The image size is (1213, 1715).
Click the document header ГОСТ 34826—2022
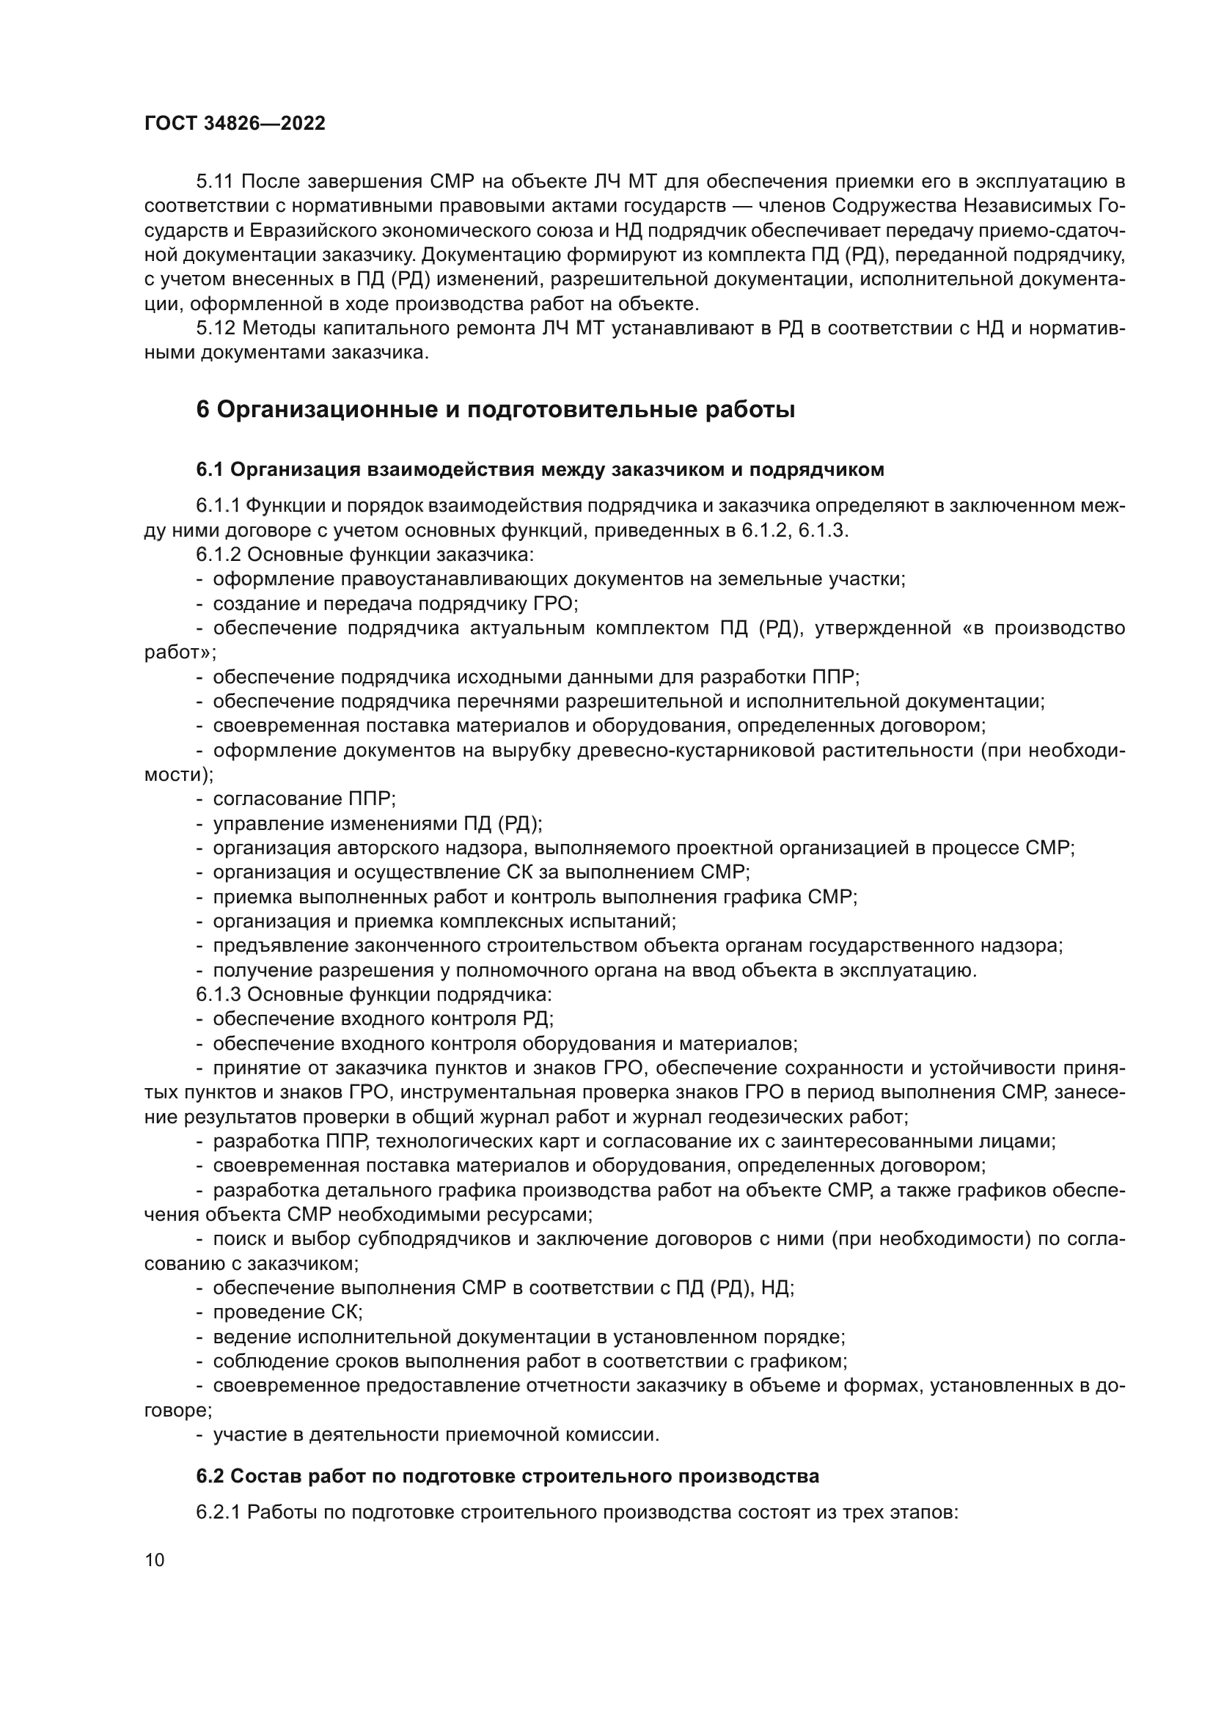click(235, 124)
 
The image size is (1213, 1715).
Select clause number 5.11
click(215, 182)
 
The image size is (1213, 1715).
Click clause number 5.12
click(215, 328)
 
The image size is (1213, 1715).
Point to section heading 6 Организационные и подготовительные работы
click(495, 410)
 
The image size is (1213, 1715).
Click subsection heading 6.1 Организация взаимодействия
click(540, 469)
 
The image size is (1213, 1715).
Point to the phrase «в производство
click(1044, 628)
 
